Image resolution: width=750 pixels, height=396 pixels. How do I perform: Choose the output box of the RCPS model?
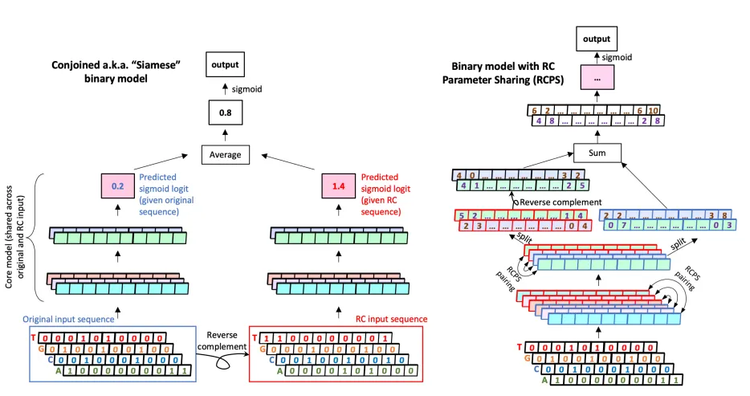[x=597, y=38]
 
